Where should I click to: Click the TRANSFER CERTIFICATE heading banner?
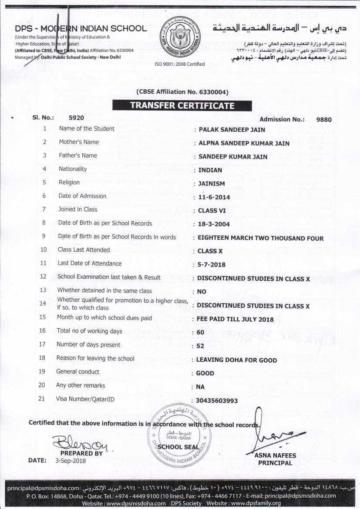[x=182, y=105]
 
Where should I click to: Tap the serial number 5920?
[x=76, y=118]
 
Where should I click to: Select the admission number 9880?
[x=324, y=119]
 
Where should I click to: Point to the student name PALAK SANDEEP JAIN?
[x=232, y=129]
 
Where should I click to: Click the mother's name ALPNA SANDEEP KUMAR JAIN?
[x=244, y=143]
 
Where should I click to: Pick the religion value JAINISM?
[x=212, y=184]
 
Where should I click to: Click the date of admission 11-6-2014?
[x=214, y=197]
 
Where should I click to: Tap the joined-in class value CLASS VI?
[x=212, y=211]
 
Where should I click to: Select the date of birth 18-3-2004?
[x=213, y=224]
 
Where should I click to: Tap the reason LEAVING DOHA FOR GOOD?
[x=236, y=360]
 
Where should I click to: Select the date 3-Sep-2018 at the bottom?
[x=71, y=461]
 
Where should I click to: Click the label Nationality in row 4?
[x=73, y=169]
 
